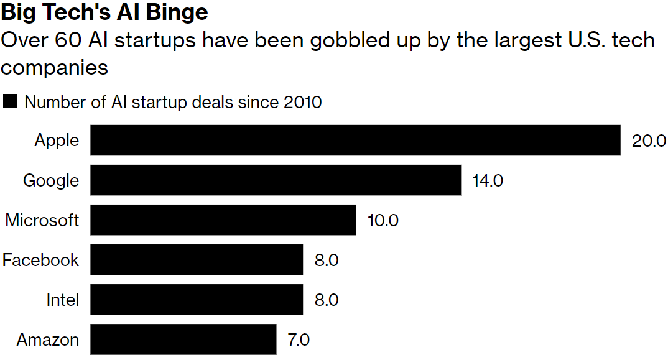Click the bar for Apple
coord(355,141)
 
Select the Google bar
coord(276,180)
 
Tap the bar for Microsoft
coord(223,220)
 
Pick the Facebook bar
coord(197,260)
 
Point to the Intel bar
coord(197,300)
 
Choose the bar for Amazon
coord(183,339)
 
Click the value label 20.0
coord(649,141)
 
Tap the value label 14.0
coord(488,180)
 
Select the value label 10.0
coord(383,220)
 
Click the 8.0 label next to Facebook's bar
coord(327,260)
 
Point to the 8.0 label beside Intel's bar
coord(327,300)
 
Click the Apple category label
coord(57,141)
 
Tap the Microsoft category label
coord(42,220)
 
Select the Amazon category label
coord(48,339)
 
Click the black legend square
coord(10,101)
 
